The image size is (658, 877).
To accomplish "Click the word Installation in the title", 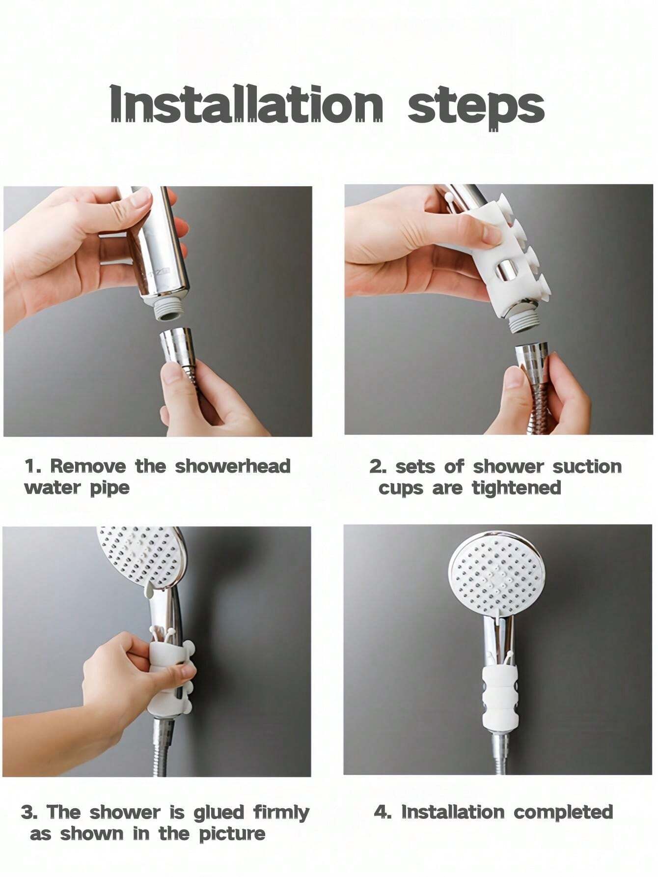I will click(246, 104).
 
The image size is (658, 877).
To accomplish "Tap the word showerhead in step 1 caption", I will click(233, 466).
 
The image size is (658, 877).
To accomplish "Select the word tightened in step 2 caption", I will click(516, 488).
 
